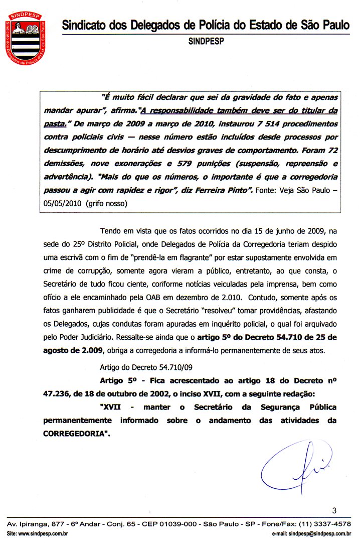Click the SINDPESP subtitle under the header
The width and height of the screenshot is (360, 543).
coord(206,42)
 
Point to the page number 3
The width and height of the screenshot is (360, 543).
coord(334,511)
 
